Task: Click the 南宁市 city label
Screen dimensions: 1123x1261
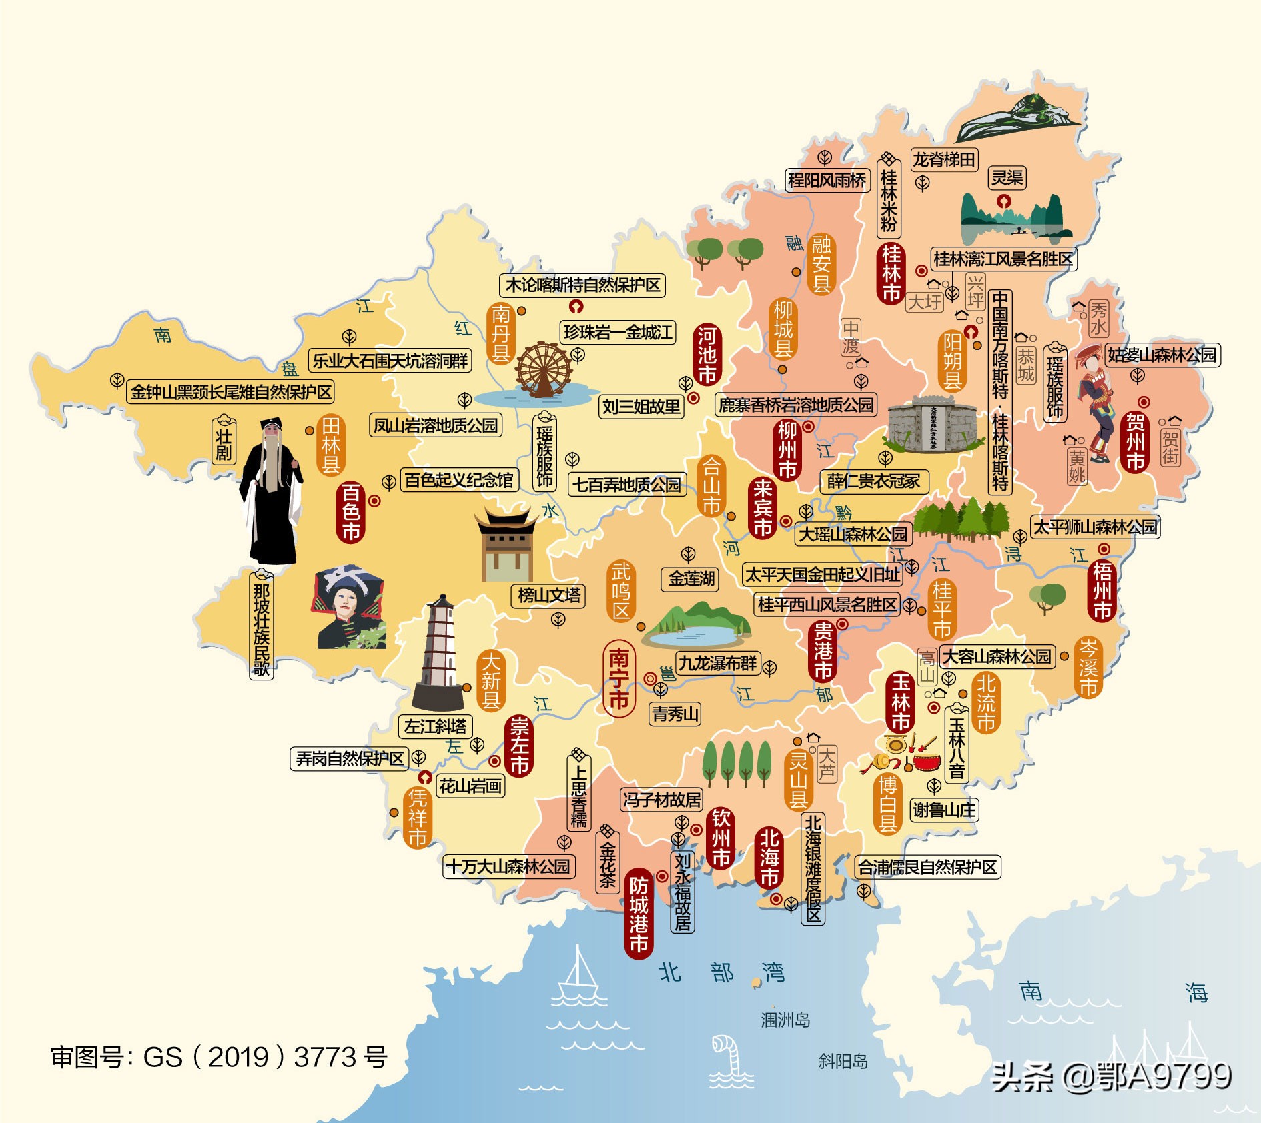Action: (619, 679)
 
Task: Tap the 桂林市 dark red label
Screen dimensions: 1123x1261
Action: (891, 273)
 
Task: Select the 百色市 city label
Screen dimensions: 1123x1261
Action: (352, 511)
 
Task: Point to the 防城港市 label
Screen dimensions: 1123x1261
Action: (639, 914)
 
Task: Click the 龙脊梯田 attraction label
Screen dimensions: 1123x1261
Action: (944, 160)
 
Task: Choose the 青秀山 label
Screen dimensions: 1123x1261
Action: (675, 714)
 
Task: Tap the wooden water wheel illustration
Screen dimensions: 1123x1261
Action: (544, 371)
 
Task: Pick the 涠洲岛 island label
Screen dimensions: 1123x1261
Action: (785, 1020)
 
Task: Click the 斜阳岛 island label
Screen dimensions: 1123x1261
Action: (843, 1061)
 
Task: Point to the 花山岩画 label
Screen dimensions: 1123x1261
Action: (470, 786)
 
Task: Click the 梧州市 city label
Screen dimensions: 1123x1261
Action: (1102, 591)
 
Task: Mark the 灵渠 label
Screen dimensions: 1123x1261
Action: (1007, 178)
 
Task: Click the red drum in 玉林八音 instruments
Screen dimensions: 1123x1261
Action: (926, 761)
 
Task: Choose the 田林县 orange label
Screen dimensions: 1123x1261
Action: (331, 445)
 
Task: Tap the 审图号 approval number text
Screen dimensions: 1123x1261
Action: (219, 1057)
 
